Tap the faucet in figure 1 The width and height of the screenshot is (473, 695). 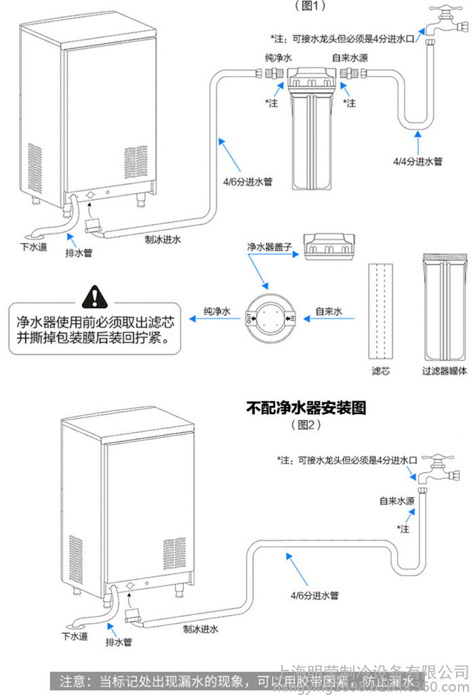[443, 20]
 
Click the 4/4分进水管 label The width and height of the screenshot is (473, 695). [417, 162]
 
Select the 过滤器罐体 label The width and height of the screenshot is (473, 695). [445, 371]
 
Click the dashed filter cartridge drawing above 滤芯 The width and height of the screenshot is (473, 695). [380, 312]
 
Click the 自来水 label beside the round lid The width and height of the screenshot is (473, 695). [329, 312]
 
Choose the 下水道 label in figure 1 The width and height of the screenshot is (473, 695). [33, 247]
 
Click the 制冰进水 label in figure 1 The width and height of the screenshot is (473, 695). [163, 240]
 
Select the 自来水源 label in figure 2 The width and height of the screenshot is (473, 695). [397, 501]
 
